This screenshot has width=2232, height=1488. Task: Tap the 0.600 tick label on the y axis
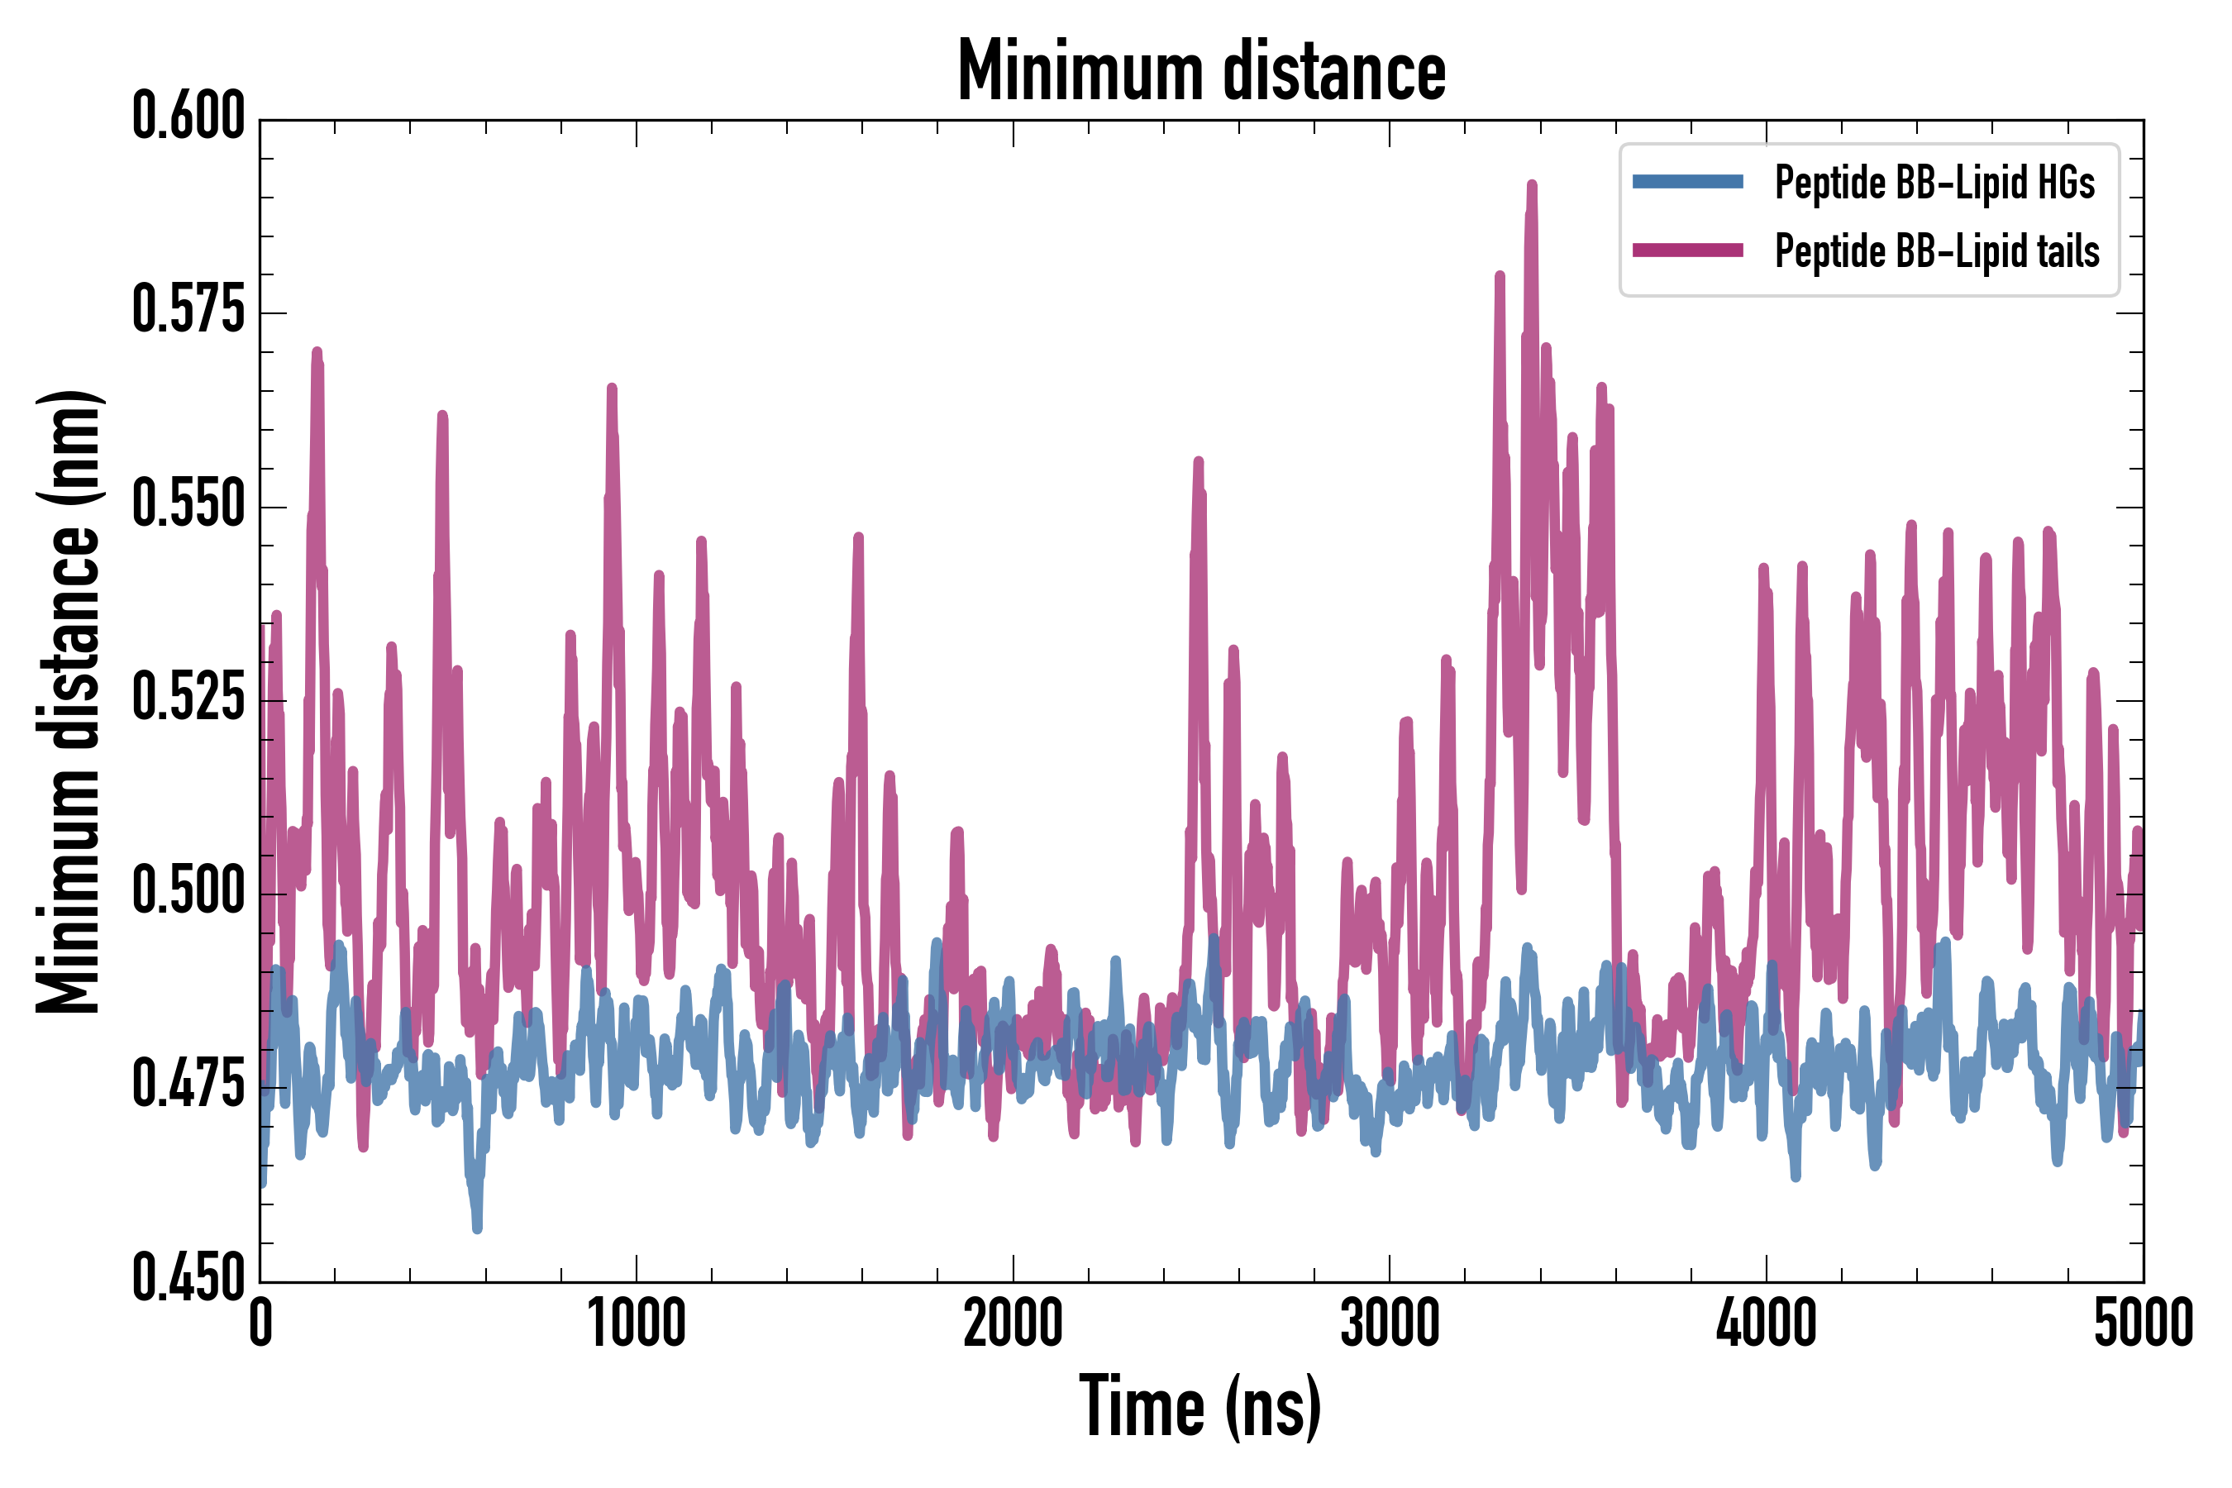(188, 117)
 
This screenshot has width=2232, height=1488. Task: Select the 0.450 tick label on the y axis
(188, 1278)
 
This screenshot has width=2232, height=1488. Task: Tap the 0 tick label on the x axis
(261, 1323)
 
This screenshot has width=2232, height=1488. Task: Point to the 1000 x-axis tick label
(636, 1323)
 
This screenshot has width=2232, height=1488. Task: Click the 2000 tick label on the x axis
(1013, 1323)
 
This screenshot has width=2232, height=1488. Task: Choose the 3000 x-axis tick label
(1390, 1323)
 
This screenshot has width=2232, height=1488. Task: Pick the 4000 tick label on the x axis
(1766, 1323)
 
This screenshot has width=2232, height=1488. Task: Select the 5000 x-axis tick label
(2143, 1323)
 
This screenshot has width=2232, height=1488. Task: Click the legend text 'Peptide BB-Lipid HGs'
(1934, 182)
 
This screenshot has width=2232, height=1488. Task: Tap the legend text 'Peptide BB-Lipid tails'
(1937, 251)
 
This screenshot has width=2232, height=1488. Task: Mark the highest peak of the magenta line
(1532, 184)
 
